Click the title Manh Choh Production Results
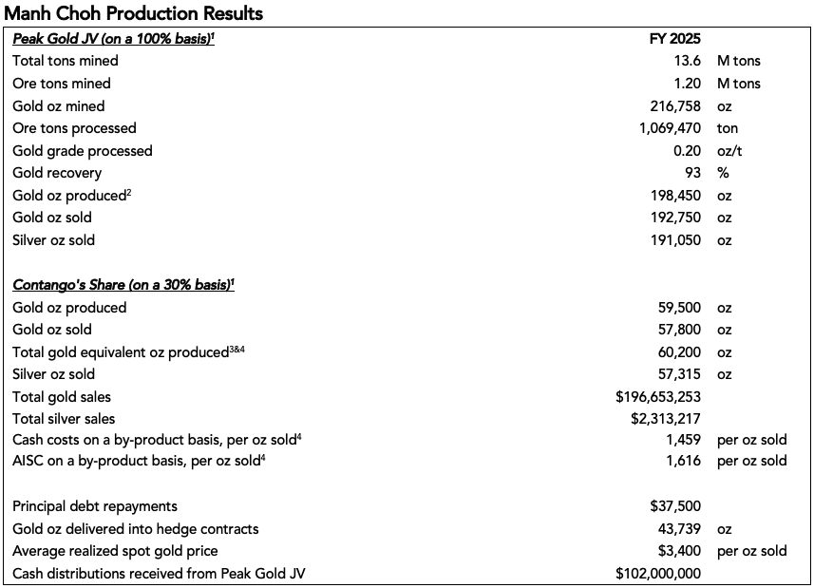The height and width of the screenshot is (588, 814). tap(134, 13)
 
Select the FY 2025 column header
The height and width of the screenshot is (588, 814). tap(673, 39)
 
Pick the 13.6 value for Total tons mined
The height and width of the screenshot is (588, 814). tap(688, 61)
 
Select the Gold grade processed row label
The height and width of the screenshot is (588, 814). tap(82, 151)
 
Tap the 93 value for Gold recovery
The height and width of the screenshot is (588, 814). tap(692, 173)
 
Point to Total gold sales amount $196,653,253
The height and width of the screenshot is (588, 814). tap(658, 397)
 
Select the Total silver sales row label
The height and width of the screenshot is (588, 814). tap(64, 419)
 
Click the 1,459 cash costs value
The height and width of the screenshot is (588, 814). tap(683, 441)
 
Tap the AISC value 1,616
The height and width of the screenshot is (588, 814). tap(683, 461)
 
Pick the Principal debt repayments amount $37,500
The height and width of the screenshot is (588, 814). tap(675, 506)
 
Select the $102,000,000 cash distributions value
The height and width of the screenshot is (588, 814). tap(658, 574)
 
